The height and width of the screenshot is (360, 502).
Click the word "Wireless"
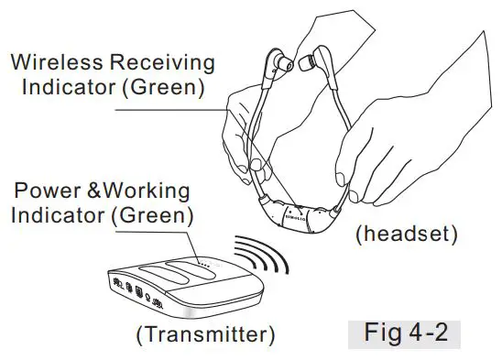(56, 63)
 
